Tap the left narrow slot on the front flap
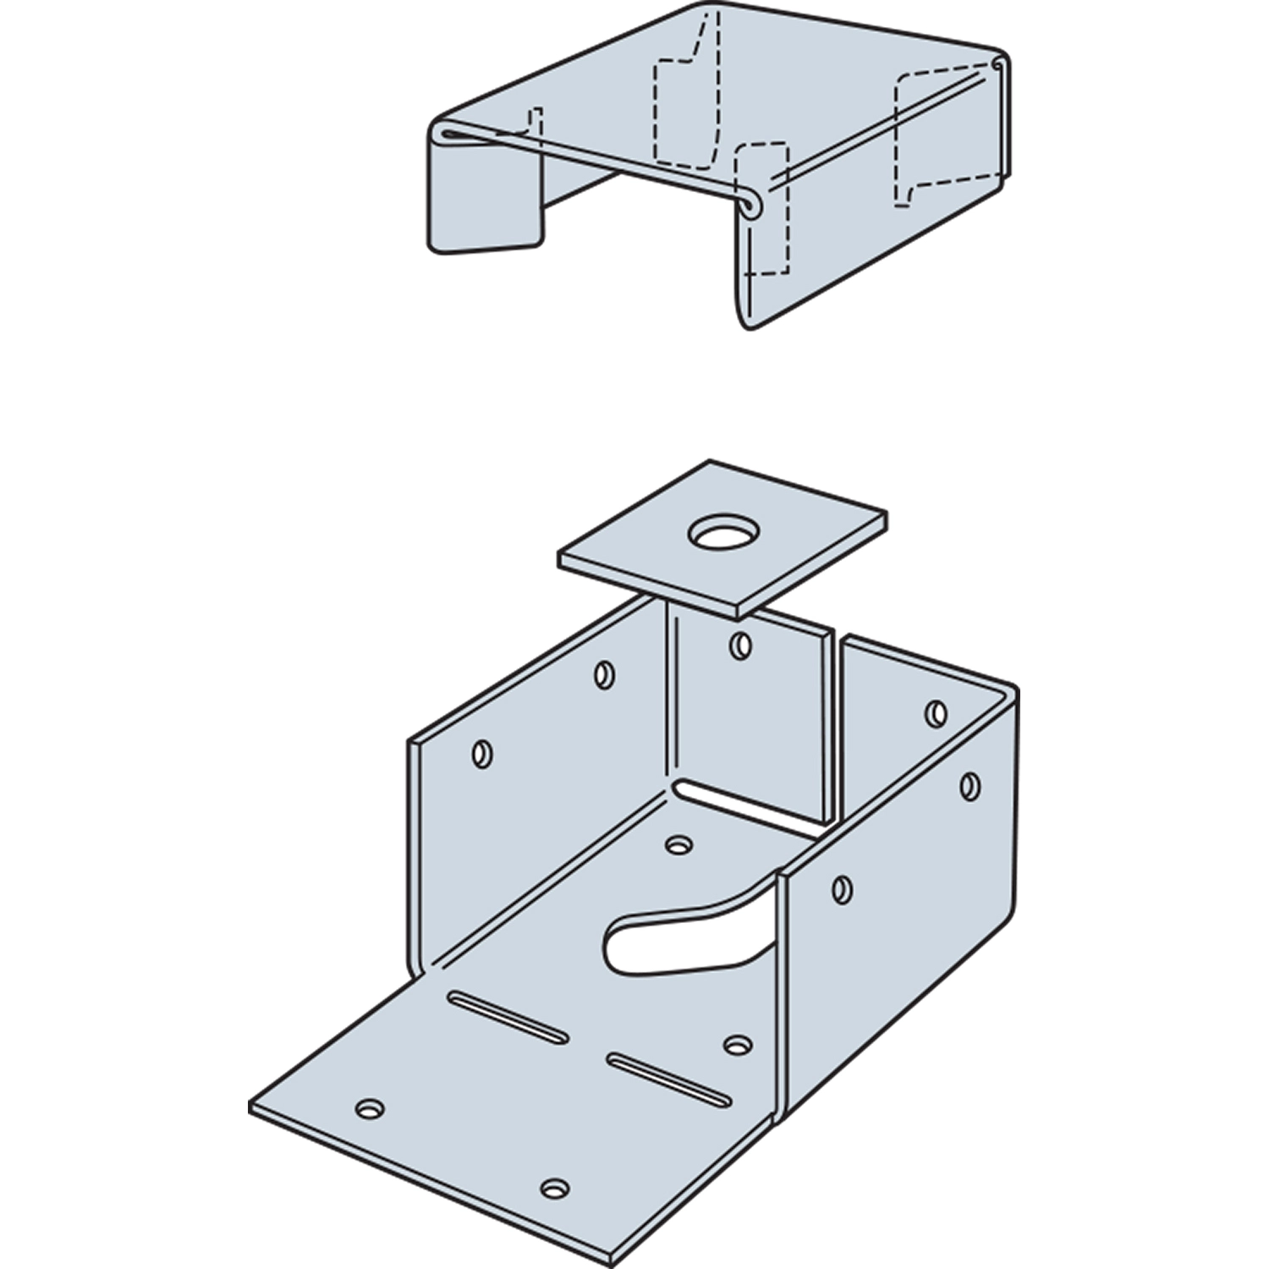[508, 1015]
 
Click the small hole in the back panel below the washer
[740, 646]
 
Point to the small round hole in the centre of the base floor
[678, 844]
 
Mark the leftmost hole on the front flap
[370, 1108]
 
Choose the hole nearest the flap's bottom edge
[554, 1189]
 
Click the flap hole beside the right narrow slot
[739, 1046]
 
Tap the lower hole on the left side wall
[482, 753]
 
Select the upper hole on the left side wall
[604, 674]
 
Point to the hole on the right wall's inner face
[936, 713]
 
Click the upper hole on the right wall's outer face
[970, 786]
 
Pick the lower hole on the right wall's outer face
[842, 889]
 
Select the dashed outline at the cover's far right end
[939, 140]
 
